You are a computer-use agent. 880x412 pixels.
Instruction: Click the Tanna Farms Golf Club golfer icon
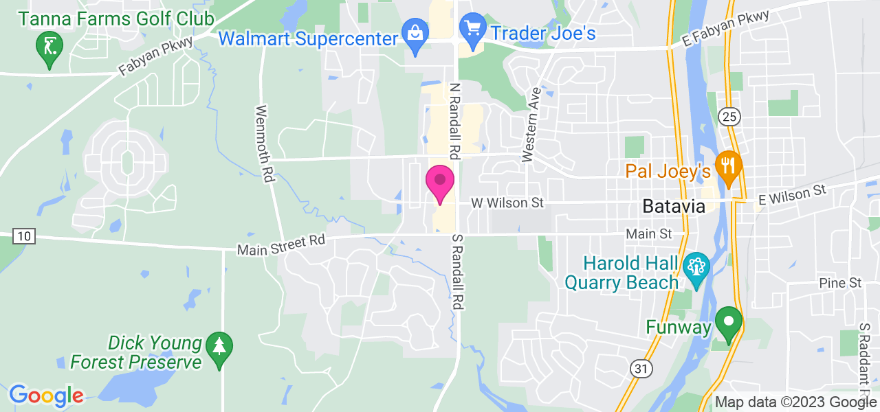tap(49, 47)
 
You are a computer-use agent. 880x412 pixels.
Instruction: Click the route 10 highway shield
tap(24, 236)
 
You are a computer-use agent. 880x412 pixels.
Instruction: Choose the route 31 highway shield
tap(641, 369)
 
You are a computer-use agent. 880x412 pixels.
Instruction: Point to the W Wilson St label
tap(507, 203)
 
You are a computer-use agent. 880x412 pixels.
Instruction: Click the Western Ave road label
tap(531, 124)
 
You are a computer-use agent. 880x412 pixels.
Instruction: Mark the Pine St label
tap(840, 283)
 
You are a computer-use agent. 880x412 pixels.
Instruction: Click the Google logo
tap(46, 396)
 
